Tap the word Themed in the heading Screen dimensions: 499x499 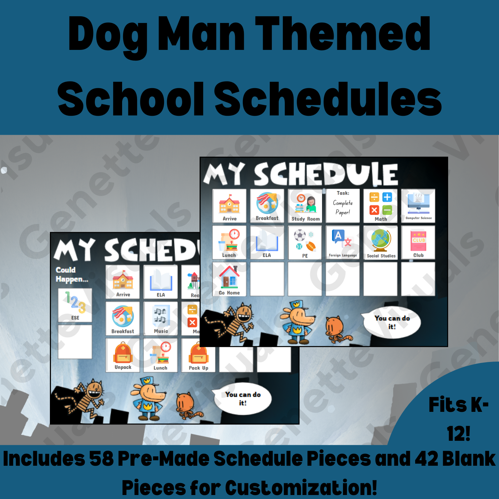[343, 34]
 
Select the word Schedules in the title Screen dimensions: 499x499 [328, 99]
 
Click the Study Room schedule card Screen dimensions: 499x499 [305, 206]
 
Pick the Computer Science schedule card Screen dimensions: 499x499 [418, 206]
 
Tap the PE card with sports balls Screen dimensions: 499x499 [305, 243]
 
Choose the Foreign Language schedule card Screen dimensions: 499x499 [343, 243]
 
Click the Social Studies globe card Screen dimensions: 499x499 [381, 243]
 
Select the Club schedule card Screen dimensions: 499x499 [418, 243]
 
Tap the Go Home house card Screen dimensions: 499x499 [229, 279]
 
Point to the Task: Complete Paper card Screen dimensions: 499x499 [343, 206]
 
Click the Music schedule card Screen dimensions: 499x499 [161, 318]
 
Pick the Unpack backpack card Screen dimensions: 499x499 [123, 355]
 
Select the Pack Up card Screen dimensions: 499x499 [198, 355]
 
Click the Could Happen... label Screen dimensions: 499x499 [71, 274]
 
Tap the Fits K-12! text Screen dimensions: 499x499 [458, 419]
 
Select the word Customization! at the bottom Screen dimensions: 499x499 [301, 488]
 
